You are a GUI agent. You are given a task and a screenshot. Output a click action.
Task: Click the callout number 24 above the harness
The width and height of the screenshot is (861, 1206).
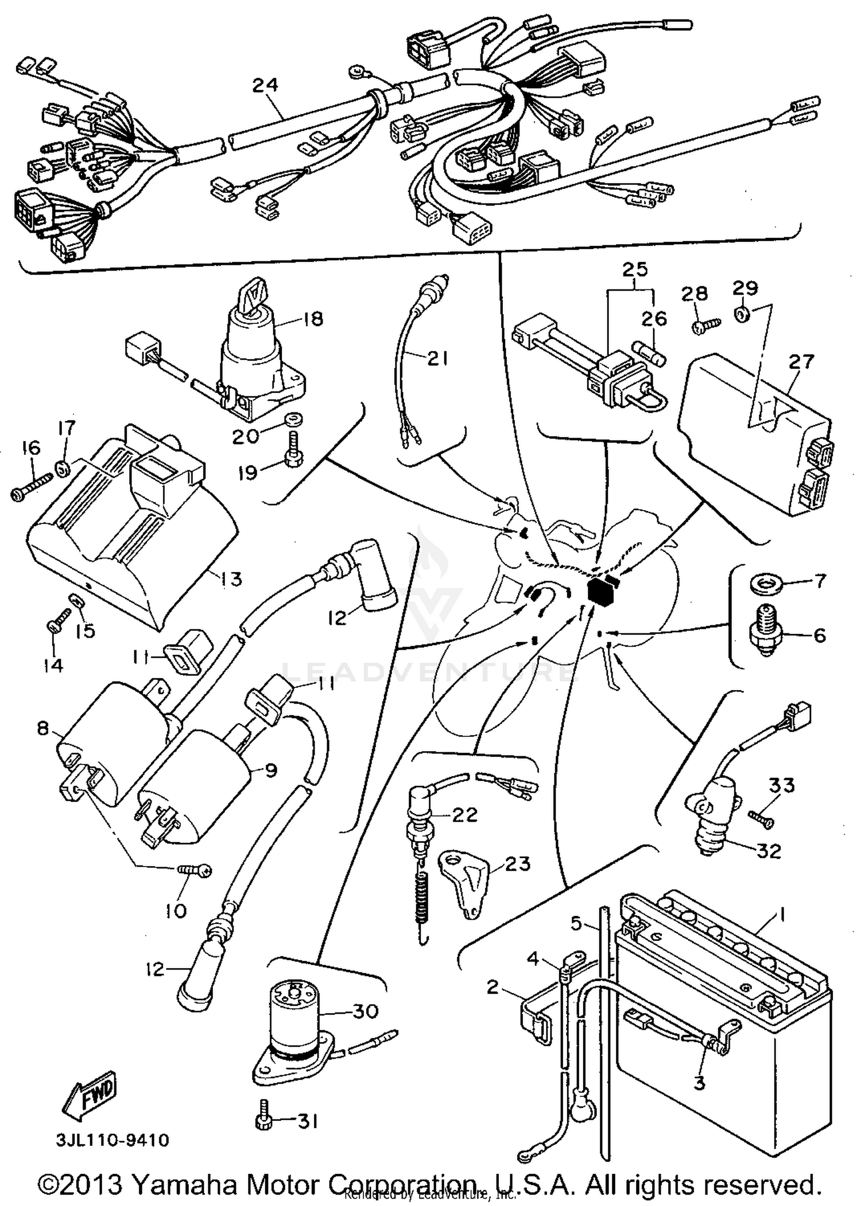point(265,85)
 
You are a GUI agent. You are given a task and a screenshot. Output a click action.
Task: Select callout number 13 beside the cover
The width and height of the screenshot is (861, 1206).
point(231,578)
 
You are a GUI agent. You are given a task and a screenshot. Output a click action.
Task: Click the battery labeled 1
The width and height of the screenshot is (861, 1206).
point(723,1028)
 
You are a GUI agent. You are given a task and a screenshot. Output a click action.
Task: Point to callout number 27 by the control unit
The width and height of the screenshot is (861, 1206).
point(801,362)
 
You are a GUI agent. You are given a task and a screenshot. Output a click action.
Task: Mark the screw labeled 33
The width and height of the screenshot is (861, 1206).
point(761,818)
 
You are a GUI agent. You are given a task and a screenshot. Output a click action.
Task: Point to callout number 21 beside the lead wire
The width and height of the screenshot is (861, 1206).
point(437,359)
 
